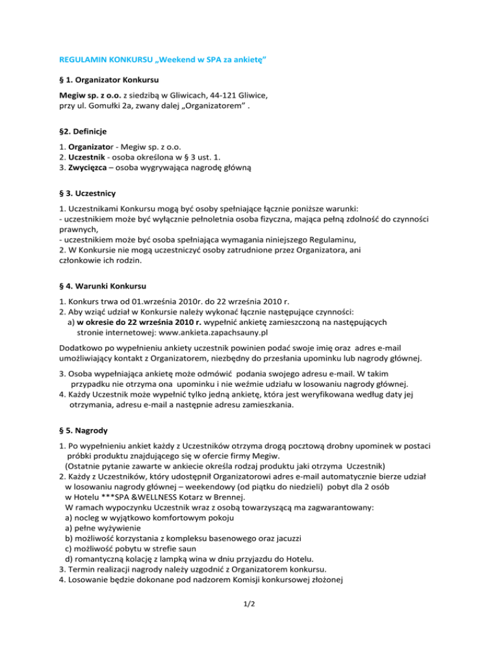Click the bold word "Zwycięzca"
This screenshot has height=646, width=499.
pos(83,166)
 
